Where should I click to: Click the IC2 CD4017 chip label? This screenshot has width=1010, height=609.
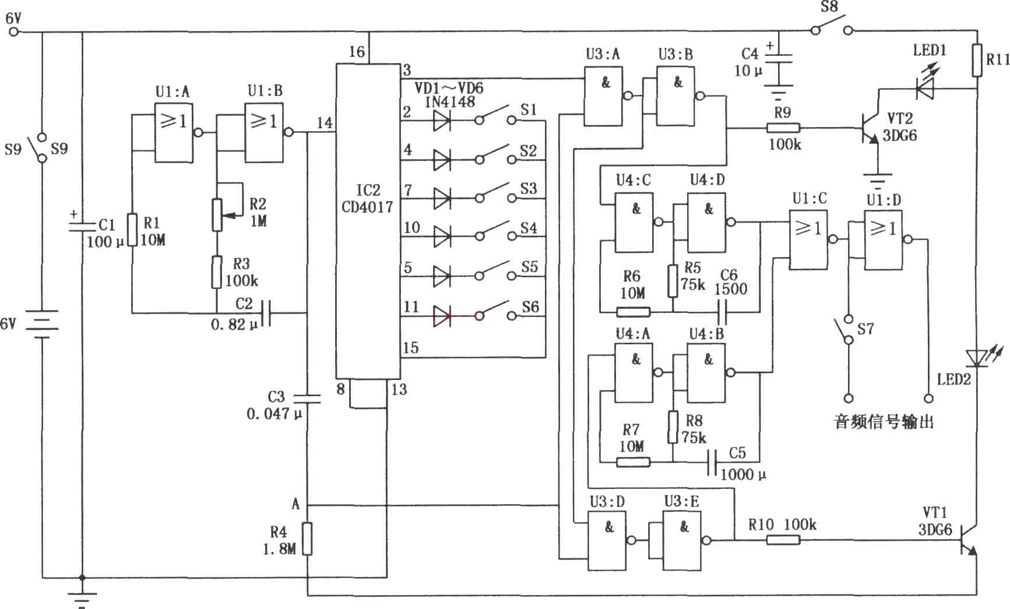pyautogui.click(x=367, y=198)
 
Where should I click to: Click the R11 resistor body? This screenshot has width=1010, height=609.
pyautogui.click(x=977, y=61)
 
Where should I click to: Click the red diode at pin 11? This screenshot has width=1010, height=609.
pyautogui.click(x=442, y=316)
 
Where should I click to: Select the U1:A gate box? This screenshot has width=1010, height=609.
pyautogui.click(x=174, y=133)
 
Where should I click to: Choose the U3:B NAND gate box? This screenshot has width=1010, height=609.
pyautogui.click(x=676, y=96)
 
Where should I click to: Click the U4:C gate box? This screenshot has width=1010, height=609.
pyautogui.click(x=634, y=223)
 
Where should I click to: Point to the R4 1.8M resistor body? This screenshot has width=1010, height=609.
pyautogui.click(x=307, y=538)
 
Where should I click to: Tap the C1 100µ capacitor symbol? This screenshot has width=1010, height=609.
pyautogui.click(x=82, y=225)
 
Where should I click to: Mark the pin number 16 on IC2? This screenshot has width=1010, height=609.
pyautogui.click(x=356, y=52)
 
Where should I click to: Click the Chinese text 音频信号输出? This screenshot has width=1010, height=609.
pyautogui.click(x=884, y=422)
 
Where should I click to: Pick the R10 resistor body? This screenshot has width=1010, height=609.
pyautogui.click(x=782, y=540)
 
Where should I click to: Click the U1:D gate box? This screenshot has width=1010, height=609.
pyautogui.click(x=884, y=240)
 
